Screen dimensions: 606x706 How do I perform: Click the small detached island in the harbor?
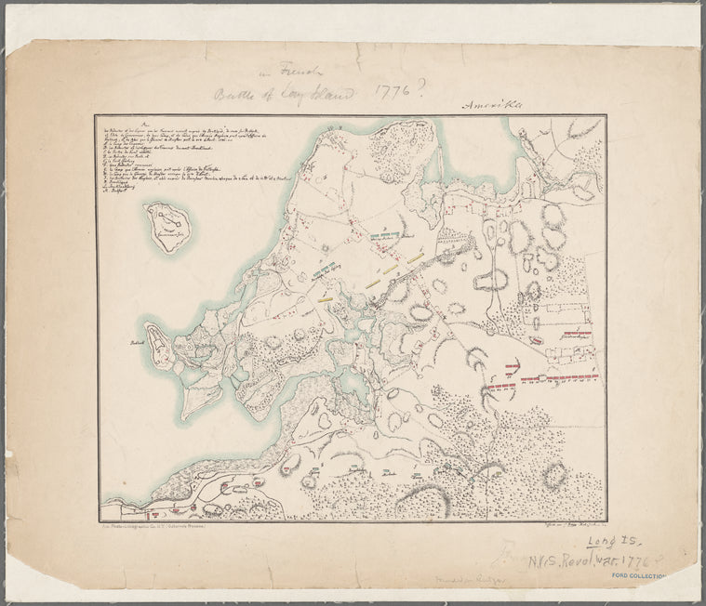[x=168, y=228]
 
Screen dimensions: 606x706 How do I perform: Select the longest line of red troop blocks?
[x=557, y=378]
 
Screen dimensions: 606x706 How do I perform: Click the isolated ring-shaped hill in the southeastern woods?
[x=554, y=475]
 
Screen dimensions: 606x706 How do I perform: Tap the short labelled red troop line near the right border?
[x=577, y=334]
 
